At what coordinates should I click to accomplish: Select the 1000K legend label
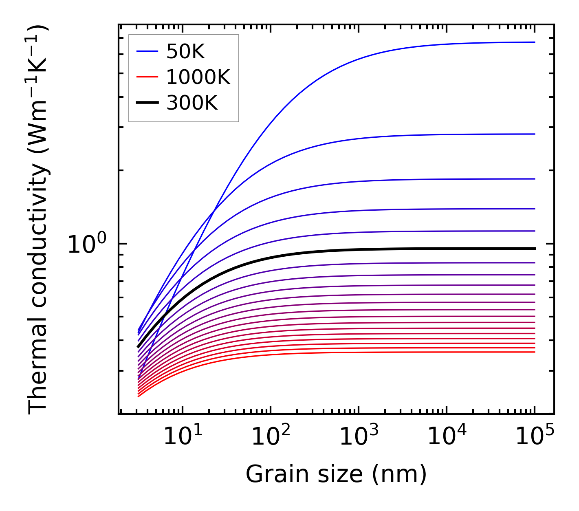198,77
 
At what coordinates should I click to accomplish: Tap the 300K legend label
192,103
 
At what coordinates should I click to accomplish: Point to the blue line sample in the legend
147,51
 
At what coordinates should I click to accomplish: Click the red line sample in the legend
147,77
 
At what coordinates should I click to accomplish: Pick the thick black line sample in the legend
147,103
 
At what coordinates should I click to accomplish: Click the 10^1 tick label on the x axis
183,437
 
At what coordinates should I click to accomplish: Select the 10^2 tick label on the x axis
271,437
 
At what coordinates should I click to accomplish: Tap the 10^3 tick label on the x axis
359,437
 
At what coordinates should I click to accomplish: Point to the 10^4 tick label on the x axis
447,437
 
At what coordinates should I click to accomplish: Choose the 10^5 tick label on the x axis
535,437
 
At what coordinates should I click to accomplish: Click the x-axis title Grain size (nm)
336,474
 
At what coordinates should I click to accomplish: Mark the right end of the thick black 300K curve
535,248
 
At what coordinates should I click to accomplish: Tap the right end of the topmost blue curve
535,42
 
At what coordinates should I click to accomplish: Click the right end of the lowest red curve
535,352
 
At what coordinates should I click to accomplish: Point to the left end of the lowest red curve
139,396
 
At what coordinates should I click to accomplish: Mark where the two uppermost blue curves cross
214,211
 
